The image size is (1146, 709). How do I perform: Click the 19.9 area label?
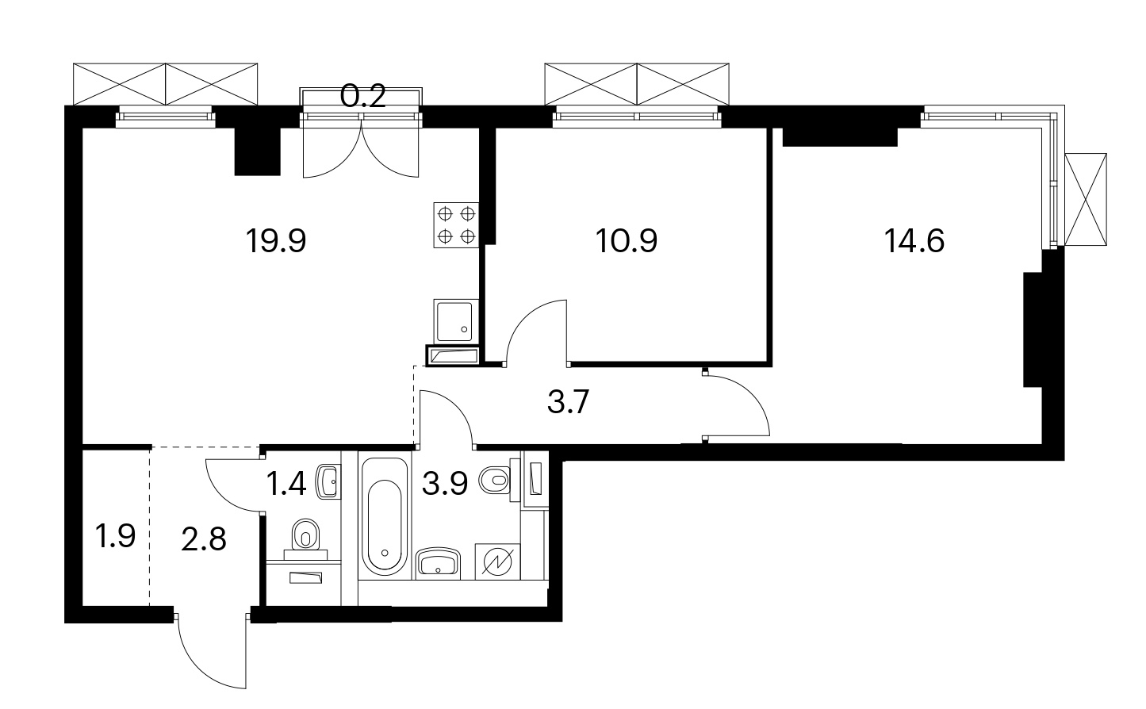tap(276, 241)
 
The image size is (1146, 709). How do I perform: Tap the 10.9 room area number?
tap(627, 241)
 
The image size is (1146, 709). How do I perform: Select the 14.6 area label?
tap(914, 241)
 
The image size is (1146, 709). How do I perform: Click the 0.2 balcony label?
tap(362, 96)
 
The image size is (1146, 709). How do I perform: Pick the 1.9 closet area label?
tap(116, 536)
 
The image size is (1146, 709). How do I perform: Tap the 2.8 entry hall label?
tap(204, 539)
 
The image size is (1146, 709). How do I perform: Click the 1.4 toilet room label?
tap(286, 484)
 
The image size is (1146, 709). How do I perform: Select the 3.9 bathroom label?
tap(445, 484)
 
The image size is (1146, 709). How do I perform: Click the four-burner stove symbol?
tap(456, 225)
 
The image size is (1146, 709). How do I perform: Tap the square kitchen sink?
tap(456, 320)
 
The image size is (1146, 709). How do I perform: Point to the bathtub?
tap(385, 518)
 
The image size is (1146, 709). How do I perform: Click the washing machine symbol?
tap(498, 561)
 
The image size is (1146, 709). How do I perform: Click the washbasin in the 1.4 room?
tap(328, 481)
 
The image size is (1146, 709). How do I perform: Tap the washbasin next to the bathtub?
tap(438, 564)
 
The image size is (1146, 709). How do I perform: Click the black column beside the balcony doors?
tap(257, 151)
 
